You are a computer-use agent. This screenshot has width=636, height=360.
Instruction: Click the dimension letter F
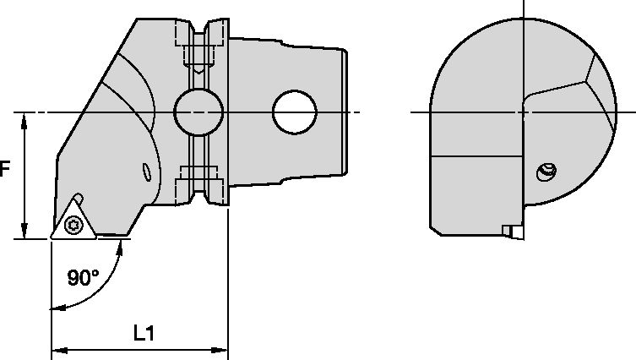(5, 169)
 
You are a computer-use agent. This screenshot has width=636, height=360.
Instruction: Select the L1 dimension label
(144, 333)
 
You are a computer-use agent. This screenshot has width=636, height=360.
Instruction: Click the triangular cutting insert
(71, 221)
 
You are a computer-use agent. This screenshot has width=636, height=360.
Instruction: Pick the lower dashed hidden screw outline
(198, 180)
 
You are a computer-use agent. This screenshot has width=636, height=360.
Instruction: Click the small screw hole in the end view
(546, 174)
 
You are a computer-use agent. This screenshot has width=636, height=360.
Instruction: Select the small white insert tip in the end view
(507, 231)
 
